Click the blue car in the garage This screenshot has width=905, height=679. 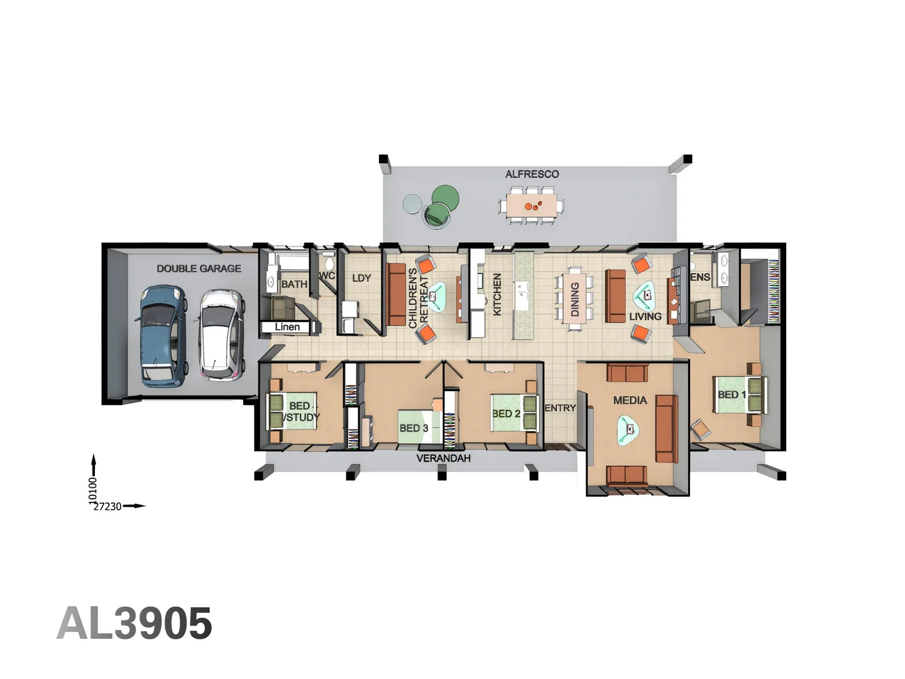point(162,335)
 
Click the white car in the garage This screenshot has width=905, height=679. point(221,334)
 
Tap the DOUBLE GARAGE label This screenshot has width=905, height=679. point(199,268)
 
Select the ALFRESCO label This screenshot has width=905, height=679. point(532,174)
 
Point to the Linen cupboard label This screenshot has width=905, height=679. point(287,327)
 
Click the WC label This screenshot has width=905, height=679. point(327,275)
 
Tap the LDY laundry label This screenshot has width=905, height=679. point(361,278)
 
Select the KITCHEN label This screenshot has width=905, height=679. point(497,294)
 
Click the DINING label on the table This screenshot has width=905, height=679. point(574,299)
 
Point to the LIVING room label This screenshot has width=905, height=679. point(645,317)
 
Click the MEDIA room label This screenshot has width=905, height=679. point(630,400)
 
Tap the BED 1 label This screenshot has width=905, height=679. point(732,395)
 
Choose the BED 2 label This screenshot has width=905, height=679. point(506,414)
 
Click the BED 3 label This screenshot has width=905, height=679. point(414,428)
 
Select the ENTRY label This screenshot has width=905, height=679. point(560,408)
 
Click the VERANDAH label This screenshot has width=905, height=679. point(443,458)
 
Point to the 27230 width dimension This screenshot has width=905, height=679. point(107,506)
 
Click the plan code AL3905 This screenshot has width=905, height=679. point(134,624)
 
